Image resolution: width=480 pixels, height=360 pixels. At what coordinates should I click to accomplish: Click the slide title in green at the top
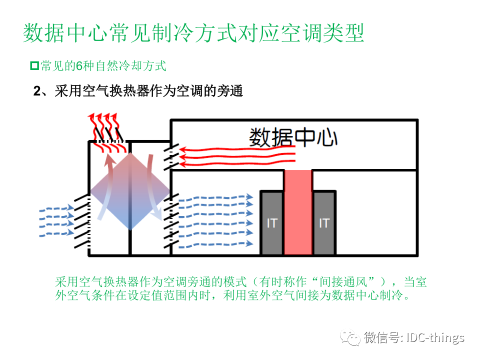193,33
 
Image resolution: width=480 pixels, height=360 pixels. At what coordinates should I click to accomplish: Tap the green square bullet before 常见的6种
34,65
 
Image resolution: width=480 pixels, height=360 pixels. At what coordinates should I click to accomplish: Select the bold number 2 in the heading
36,91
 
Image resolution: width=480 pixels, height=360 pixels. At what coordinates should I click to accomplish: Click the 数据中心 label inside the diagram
293,136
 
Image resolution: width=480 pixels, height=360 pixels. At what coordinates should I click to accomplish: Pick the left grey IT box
271,222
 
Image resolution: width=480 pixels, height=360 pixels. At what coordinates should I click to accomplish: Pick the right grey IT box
324,222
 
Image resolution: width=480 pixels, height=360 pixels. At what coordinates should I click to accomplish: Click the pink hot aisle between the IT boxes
298,212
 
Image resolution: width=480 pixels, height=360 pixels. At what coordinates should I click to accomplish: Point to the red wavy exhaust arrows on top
103,125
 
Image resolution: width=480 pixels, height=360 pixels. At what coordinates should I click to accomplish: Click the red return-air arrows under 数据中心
235,155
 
